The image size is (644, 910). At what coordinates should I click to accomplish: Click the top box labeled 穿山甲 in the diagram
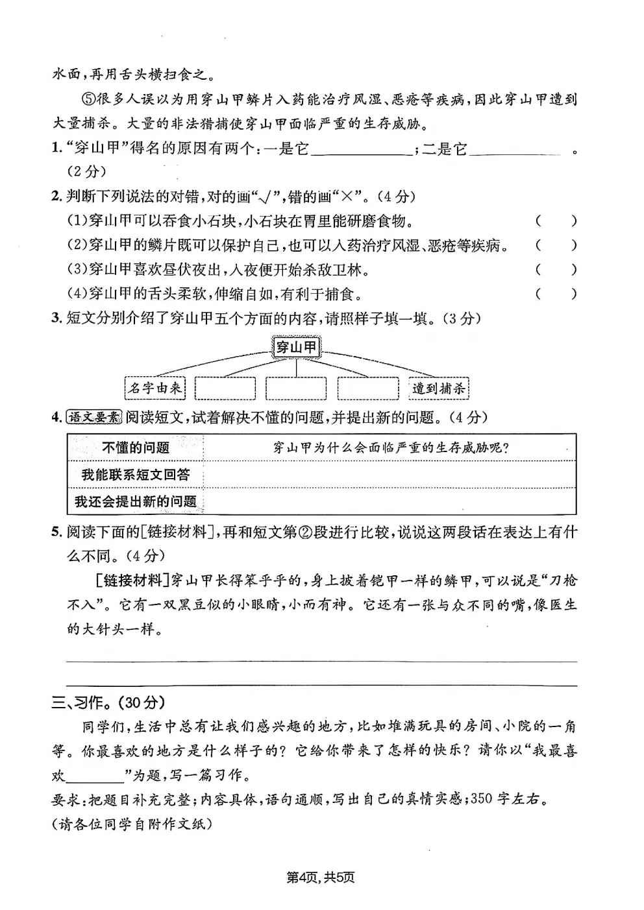tap(296, 348)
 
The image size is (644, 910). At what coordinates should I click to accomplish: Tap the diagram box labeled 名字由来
tap(155, 389)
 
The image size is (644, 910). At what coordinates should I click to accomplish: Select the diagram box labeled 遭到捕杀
tap(439, 389)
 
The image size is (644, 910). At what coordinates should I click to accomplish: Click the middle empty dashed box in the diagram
tap(296, 389)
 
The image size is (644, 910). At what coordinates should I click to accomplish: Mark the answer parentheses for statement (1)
tap(556, 221)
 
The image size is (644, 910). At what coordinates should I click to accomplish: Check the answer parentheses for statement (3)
tap(556, 270)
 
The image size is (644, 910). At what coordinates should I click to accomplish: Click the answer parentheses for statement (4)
tap(556, 294)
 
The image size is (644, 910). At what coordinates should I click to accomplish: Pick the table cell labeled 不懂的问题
tap(136, 448)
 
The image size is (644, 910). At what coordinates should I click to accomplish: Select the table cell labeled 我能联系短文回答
tap(136, 475)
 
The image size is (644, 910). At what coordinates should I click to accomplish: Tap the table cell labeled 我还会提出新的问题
tap(136, 501)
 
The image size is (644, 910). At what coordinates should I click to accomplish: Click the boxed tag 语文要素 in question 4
tap(95, 418)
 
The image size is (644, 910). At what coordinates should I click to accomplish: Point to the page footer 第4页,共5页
tap(321, 878)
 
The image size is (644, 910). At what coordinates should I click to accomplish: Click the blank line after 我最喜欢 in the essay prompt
tap(99, 776)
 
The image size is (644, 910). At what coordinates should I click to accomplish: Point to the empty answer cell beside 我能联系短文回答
tap(390, 475)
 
